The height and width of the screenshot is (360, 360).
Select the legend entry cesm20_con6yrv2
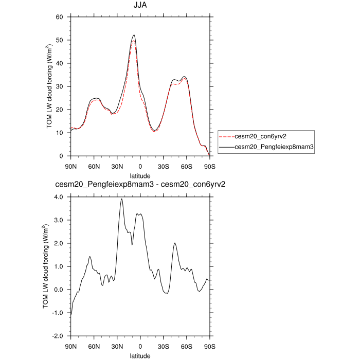[259, 137]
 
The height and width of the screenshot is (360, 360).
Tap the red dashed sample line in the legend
[226, 137]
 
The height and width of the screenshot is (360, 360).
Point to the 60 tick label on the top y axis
[59, 17]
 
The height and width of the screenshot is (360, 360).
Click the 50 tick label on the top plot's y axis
[59, 40]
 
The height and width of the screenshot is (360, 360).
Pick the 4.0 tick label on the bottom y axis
[58, 197]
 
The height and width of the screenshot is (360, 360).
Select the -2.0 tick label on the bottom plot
[57, 336]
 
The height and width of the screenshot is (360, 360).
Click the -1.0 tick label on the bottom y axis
[57, 313]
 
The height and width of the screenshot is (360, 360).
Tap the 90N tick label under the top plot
[71, 167]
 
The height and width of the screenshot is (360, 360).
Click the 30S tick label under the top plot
[164, 167]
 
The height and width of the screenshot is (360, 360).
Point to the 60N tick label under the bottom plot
[94, 347]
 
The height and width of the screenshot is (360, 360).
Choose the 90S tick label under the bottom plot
[209, 347]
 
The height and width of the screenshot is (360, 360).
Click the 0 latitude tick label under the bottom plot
[140, 347]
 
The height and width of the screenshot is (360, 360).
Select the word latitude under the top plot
[140, 176]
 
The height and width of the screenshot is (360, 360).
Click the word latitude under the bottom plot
[140, 355]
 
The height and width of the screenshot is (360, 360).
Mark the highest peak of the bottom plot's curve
[122, 199]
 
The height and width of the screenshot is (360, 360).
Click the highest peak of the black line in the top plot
[134, 35]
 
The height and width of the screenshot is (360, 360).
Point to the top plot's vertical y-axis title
[49, 86]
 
